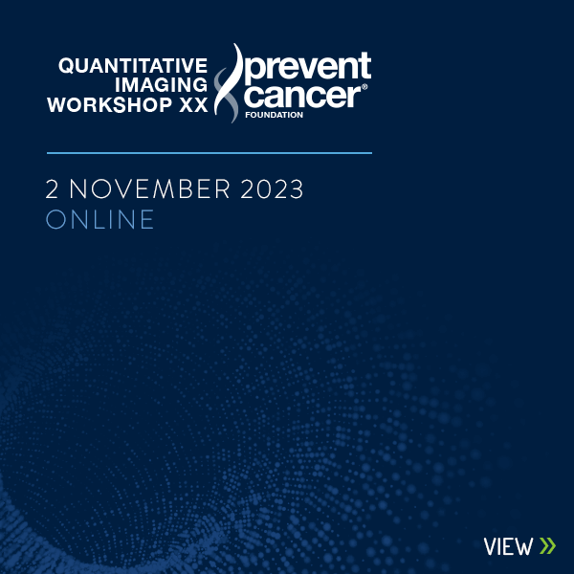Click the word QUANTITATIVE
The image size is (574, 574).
click(x=133, y=66)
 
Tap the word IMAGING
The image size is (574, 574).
click(x=161, y=85)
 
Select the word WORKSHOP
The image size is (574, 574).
click(x=109, y=104)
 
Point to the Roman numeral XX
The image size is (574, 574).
click(x=193, y=104)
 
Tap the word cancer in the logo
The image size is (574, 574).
click(x=302, y=96)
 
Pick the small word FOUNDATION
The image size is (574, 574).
click(x=275, y=115)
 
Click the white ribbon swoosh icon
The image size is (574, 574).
click(x=230, y=82)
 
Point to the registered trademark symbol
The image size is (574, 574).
click(x=364, y=87)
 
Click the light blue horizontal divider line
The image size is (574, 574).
click(x=210, y=153)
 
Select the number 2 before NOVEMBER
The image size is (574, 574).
click(x=52, y=188)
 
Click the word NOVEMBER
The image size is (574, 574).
click(x=150, y=188)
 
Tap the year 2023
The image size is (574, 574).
click(x=272, y=188)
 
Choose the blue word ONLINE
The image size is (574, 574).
click(x=99, y=219)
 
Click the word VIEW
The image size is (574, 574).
click(x=509, y=547)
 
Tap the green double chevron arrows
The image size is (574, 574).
click(x=547, y=546)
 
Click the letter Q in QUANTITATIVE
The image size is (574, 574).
click(x=66, y=66)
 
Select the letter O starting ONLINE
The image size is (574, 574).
click(x=55, y=219)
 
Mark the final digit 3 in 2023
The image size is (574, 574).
click(x=297, y=188)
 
